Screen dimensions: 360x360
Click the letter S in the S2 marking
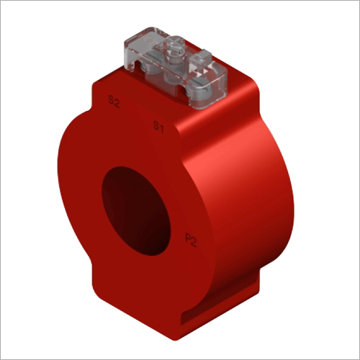pos(109,102)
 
